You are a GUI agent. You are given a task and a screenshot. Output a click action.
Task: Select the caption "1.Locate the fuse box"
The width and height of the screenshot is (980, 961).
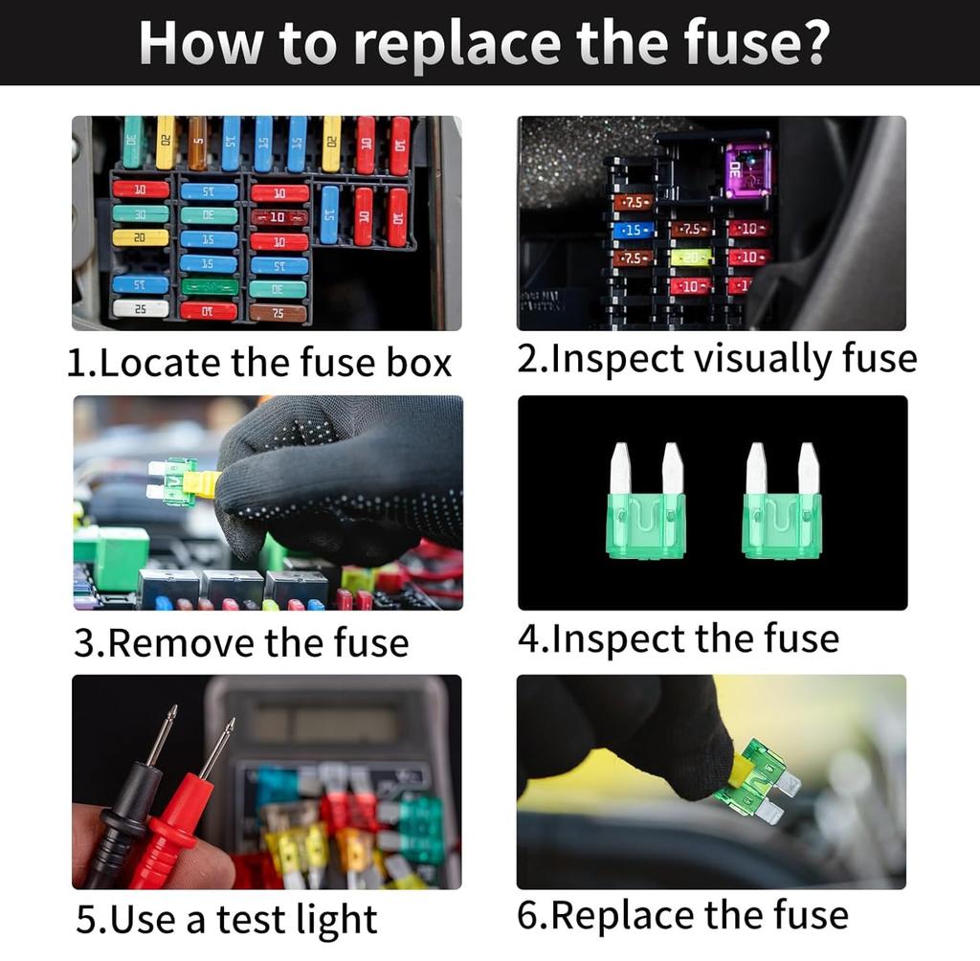pyautogui.click(x=258, y=363)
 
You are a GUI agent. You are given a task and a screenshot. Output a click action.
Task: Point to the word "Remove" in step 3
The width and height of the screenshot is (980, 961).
pyautogui.click(x=182, y=642)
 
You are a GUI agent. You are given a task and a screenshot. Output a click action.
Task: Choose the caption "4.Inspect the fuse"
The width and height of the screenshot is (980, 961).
pyautogui.click(x=678, y=638)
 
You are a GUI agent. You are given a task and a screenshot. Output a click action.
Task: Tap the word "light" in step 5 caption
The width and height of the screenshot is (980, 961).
pyautogui.click(x=324, y=920)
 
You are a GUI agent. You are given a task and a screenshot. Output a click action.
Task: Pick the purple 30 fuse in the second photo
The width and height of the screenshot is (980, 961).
pyautogui.click(x=746, y=171)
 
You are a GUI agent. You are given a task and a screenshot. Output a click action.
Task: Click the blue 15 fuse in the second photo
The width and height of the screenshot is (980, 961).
pyautogui.click(x=633, y=231)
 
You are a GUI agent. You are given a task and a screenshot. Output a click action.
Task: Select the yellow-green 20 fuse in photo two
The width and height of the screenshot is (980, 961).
pyautogui.click(x=691, y=257)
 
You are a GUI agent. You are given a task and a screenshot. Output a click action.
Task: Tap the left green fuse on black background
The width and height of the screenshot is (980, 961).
pyautogui.click(x=646, y=503)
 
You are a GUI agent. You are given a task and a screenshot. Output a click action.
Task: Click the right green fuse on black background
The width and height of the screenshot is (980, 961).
pyautogui.click(x=782, y=503)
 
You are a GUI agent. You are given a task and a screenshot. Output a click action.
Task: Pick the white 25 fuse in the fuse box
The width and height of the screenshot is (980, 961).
pyautogui.click(x=140, y=308)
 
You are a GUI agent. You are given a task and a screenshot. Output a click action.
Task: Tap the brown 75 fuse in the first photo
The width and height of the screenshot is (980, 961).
pyautogui.click(x=278, y=313)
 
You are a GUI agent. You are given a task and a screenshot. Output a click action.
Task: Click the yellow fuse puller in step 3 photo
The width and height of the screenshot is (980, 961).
pyautogui.click(x=202, y=483)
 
